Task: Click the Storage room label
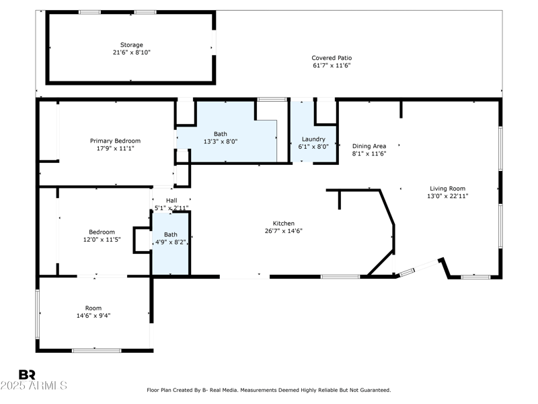pos(131,45)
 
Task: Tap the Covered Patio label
pos(332,58)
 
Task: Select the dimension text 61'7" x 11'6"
pos(332,65)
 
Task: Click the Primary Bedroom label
pos(115,141)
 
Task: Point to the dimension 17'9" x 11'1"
pos(115,148)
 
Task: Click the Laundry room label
pos(313,139)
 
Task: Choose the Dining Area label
pos(369,146)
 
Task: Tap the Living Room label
pos(448,189)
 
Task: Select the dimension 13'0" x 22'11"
pos(448,196)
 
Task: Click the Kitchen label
pos(283,224)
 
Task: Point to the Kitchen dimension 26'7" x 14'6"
pos(283,231)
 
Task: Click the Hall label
pos(171,200)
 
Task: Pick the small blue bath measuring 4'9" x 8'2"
pos(171,238)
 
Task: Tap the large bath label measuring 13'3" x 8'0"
pos(225,137)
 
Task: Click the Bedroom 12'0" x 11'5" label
pos(99,236)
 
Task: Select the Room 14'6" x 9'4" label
pos(93,311)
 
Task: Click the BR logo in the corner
pos(27,374)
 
